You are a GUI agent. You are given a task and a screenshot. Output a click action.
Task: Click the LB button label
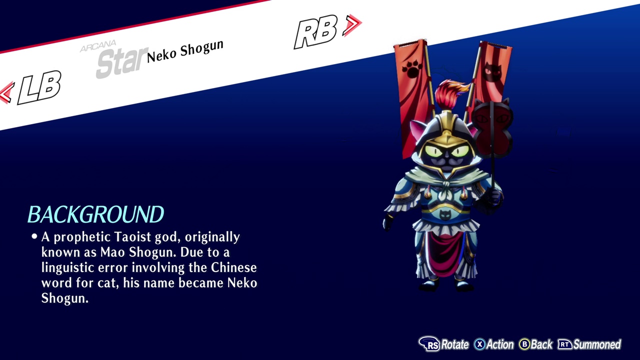(x=39, y=87)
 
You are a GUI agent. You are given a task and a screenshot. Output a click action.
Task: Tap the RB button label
(x=316, y=31)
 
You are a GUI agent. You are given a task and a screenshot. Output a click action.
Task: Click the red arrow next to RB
(x=352, y=25)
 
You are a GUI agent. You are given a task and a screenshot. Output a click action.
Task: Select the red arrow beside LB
(x=6, y=92)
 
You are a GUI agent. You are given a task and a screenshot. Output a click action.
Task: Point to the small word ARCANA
(x=98, y=46)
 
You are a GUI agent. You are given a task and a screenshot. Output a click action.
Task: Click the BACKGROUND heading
(x=95, y=214)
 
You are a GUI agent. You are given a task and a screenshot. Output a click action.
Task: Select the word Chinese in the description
(x=233, y=267)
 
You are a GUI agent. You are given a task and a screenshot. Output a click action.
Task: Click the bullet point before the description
(x=34, y=236)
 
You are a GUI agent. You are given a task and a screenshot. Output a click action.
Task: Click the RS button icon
(x=429, y=344)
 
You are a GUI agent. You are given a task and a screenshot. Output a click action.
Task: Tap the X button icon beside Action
(x=479, y=344)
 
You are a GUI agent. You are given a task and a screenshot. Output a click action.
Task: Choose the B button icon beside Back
(x=524, y=344)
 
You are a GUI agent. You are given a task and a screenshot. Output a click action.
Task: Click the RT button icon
(x=565, y=344)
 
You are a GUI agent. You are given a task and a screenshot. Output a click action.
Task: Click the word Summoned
(x=597, y=344)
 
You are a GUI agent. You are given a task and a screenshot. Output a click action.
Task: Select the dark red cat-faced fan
(x=492, y=128)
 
